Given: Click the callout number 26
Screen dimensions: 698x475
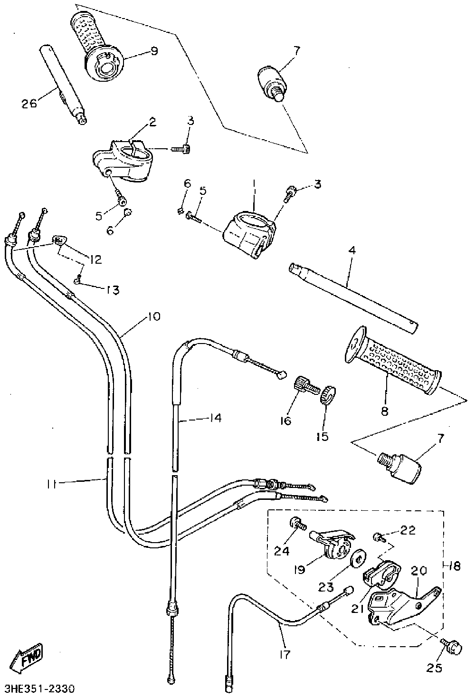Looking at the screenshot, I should point(29,103).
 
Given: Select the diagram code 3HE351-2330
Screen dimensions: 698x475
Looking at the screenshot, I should point(39,688).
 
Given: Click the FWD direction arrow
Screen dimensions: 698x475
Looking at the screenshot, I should point(27,659).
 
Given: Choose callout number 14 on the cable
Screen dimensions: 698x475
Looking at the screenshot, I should point(215,418).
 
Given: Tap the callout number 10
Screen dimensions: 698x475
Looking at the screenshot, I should point(154,316).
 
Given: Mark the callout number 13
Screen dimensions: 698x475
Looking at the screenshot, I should point(113,289).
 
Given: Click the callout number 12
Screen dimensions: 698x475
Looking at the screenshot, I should point(95,260).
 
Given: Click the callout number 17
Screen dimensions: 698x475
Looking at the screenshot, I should point(284,654).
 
